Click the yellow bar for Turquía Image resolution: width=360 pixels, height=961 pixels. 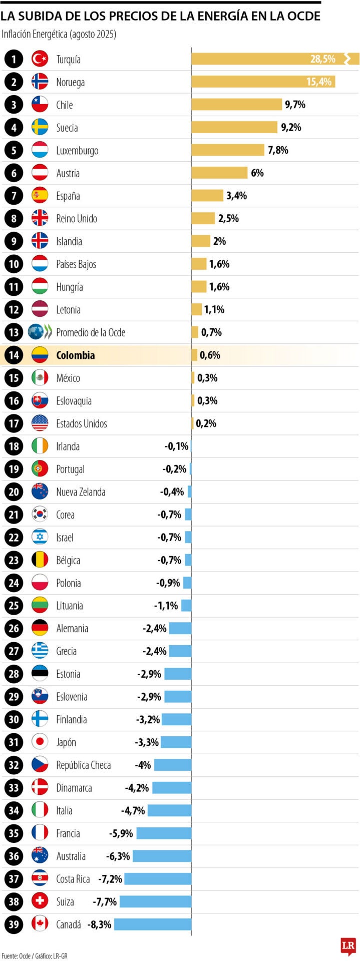coord(250,59)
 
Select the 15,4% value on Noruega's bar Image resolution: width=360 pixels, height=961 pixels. coord(319,82)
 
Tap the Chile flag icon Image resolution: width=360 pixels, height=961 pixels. coord(40,105)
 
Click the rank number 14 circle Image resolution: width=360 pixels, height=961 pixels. coord(14,355)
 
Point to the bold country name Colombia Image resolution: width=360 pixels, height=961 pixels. coord(75,355)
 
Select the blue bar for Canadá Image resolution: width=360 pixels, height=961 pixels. coord(153,924)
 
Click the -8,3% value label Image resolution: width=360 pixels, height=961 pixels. coord(99,924)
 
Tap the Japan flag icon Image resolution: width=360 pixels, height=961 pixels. coord(40,742)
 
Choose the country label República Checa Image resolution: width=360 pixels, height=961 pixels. coord(83,765)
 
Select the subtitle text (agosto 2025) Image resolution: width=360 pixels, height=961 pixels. coord(93,34)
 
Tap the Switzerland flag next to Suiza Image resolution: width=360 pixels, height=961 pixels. coord(40,901)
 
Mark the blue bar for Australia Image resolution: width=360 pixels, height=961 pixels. coord(162,856)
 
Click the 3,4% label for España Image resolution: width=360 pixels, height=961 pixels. coord(236,196)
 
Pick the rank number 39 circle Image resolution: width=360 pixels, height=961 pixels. coord(14,924)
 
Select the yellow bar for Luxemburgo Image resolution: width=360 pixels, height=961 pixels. coord(228,150)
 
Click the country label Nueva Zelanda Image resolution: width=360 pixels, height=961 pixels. coord(81,492)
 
